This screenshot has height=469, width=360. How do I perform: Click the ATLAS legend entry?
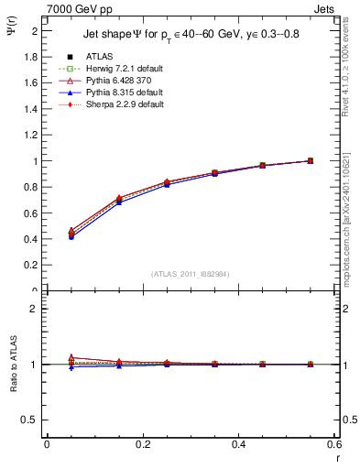100,57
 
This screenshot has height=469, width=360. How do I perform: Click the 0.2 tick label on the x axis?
142,444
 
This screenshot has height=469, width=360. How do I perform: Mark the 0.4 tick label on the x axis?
238,444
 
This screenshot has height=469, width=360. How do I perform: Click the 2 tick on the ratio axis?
33,309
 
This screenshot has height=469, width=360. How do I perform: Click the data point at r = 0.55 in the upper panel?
310,161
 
